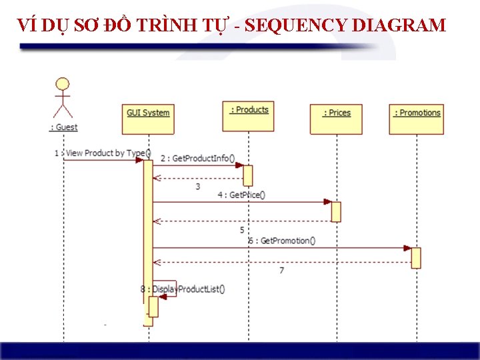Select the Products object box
pyautogui.click(x=249, y=115)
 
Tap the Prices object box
pyautogui.click(x=337, y=119)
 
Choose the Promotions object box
pyautogui.click(x=417, y=119)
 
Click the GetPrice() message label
pyautogui.click(x=241, y=195)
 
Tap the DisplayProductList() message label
pyautogui.click(x=183, y=289)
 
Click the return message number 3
pyautogui.click(x=197, y=187)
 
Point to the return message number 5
pyautogui.click(x=242, y=230)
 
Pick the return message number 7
pyautogui.click(x=281, y=271)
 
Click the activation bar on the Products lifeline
pyautogui.click(x=248, y=175)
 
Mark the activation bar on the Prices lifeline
pyautogui.click(x=336, y=211)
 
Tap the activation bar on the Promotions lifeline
pyautogui.click(x=416, y=257)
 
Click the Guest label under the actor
pyautogui.click(x=64, y=127)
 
